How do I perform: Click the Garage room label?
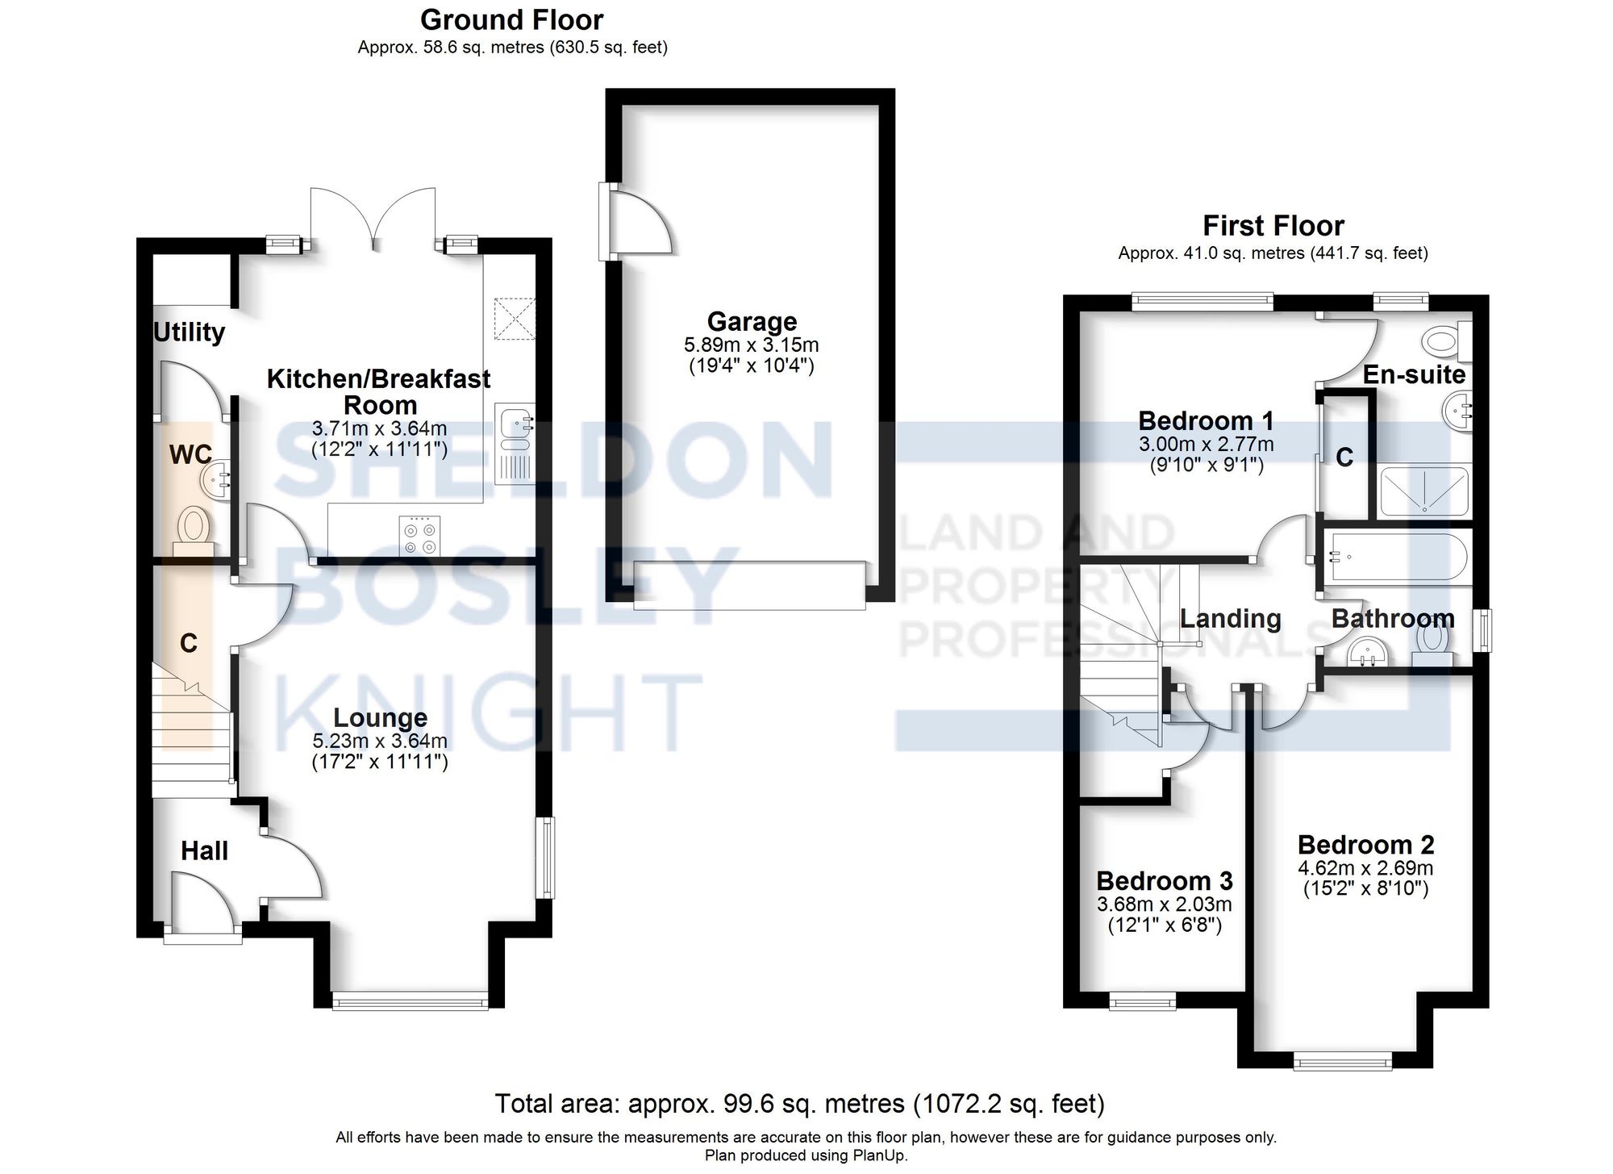click(752, 321)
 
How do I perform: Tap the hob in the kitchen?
click(420, 536)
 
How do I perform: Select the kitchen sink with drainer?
click(515, 443)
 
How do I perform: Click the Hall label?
click(204, 850)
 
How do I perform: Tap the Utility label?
click(189, 332)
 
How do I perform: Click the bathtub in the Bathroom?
click(1396, 556)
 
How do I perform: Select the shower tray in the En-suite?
click(1424, 491)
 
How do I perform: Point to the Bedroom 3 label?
click(1165, 880)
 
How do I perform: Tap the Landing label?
click(1230, 619)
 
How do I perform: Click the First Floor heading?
click(1273, 225)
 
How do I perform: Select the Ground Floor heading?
click(512, 19)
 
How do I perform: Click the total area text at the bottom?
click(799, 1103)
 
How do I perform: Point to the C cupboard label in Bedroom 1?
click(1344, 457)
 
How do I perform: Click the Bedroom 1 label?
click(1206, 420)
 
